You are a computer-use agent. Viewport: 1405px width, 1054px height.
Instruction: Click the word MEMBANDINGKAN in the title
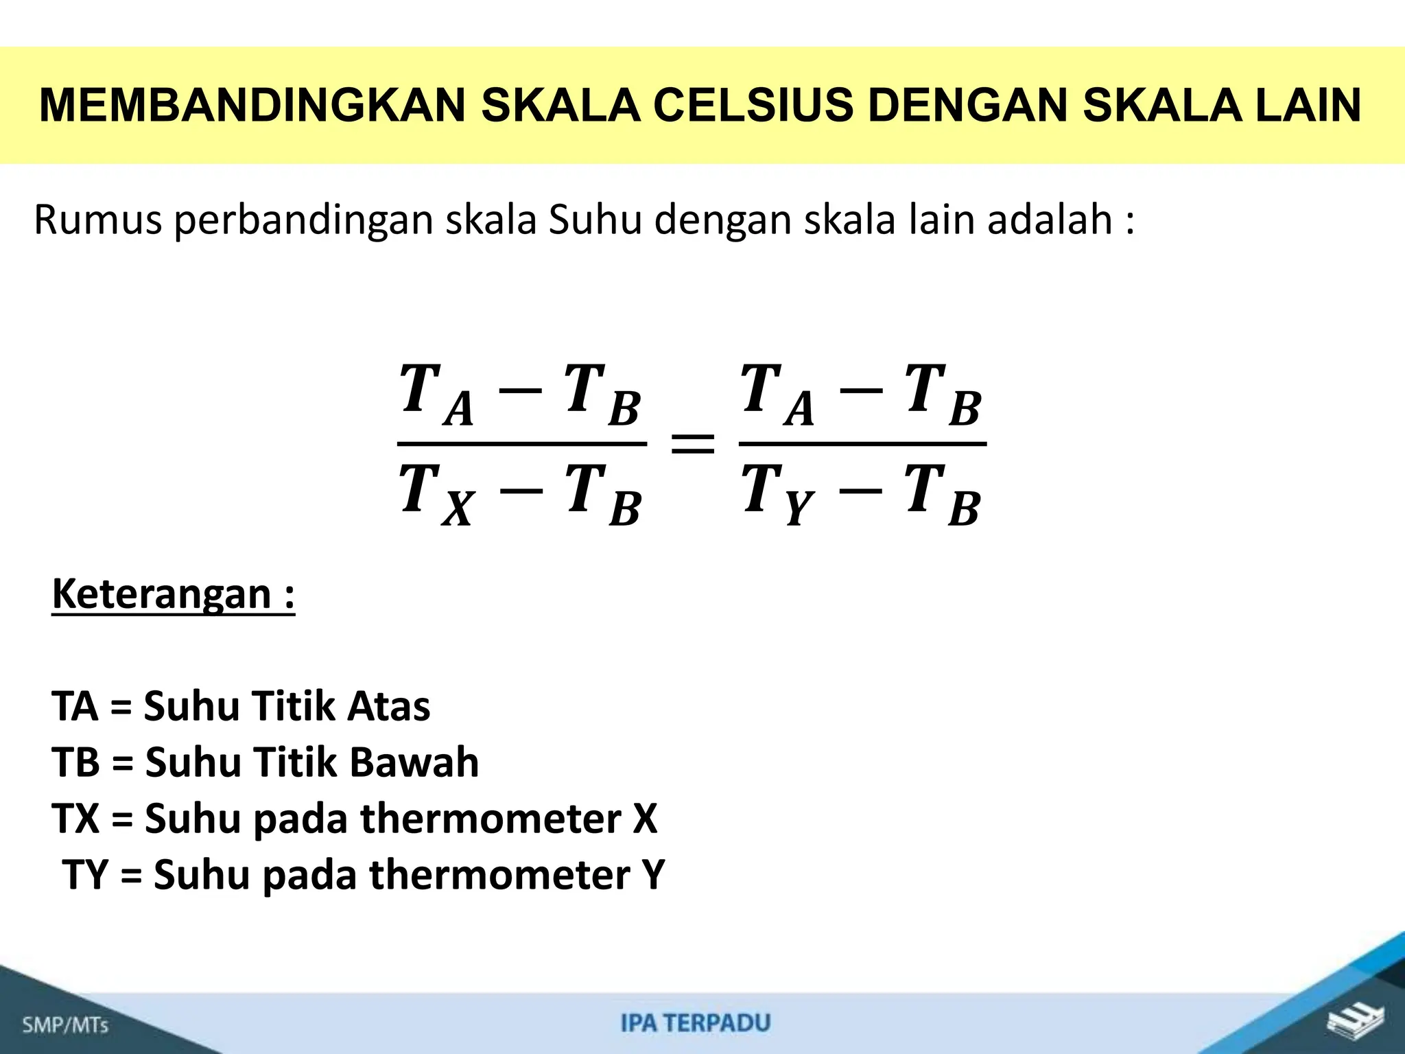click(252, 106)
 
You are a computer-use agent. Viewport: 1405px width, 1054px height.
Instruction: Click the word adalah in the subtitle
click(1050, 220)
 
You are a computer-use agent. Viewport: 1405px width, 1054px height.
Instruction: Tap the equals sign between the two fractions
click(692, 444)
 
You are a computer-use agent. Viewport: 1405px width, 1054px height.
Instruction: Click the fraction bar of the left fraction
click(521, 444)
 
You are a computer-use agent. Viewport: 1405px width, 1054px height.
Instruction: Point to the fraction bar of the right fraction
click(862, 444)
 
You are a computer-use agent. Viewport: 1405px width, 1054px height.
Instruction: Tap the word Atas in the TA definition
click(388, 706)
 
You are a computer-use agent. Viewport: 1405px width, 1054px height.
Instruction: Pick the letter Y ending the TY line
click(652, 875)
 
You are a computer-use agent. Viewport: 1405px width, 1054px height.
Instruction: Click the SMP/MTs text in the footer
click(66, 1025)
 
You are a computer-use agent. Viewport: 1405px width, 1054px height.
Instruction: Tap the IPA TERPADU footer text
click(696, 1022)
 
